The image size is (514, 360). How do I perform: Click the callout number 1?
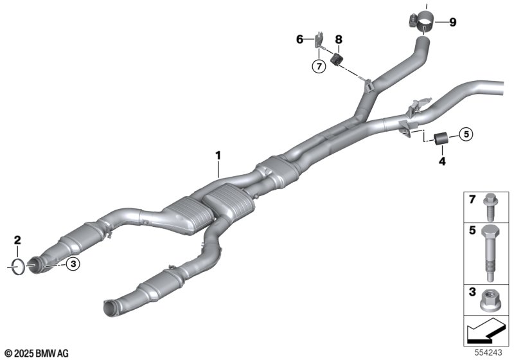click(218, 155)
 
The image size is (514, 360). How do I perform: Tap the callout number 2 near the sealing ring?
click(17, 240)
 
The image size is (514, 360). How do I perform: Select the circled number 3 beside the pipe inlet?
click(73, 264)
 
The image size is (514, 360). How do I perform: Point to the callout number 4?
click(442, 161)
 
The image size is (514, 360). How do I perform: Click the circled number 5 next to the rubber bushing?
click(466, 134)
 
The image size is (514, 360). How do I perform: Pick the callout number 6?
click(299, 39)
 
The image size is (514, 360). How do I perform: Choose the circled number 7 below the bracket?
click(319, 67)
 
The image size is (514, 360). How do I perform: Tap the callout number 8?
click(339, 40)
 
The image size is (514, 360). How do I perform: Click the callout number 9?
click(453, 22)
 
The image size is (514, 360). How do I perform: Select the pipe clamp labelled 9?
click(422, 21)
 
